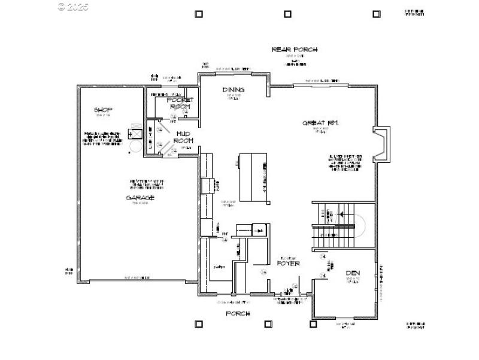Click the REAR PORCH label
coord(295,50)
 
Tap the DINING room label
coord(233,90)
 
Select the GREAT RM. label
coord(321,123)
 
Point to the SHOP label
coord(104,110)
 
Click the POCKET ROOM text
coord(178,103)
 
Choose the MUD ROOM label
coord(183,137)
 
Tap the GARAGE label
coord(140,198)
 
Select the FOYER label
coord(288,263)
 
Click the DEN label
coord(353,274)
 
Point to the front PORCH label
coord(238,313)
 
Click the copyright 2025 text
coord(73,7)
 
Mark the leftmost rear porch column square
coord(199,14)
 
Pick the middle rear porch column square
coord(287,14)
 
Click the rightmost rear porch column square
coord(376,14)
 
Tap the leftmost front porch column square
coord(199,324)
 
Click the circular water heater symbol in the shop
coord(135,146)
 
